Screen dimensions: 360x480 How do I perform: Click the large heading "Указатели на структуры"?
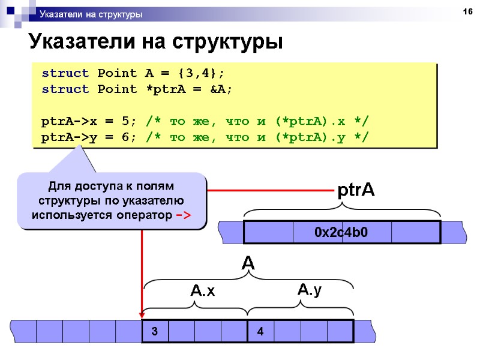click(155, 43)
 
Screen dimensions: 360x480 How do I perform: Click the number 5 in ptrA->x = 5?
click(125, 121)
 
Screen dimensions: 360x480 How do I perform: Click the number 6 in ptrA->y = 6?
click(125, 137)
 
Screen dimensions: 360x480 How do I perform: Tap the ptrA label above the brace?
click(356, 191)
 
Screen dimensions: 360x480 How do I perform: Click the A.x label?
click(202, 292)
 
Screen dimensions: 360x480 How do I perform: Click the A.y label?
click(310, 290)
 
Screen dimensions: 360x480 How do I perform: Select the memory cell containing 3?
click(155, 331)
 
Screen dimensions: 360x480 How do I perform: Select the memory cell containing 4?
click(260, 331)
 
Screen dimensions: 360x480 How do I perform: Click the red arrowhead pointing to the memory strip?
click(142, 312)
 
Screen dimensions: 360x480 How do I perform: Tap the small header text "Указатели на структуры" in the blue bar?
click(91, 14)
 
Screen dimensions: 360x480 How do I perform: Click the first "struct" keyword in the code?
click(65, 74)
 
